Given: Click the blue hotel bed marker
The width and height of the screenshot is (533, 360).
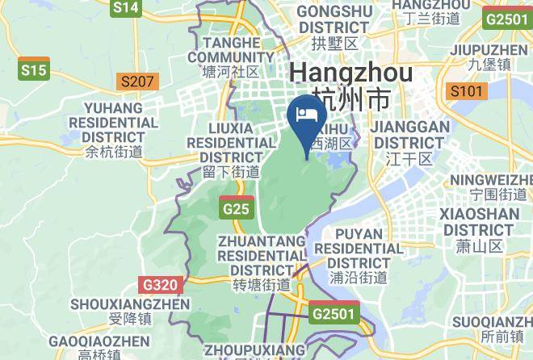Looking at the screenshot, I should [306, 115].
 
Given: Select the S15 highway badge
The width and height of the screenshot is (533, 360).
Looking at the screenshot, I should [34, 71].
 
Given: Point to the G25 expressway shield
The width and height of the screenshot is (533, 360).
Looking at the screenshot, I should [236, 208].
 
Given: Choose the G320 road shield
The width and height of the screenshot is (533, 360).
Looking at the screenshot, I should [159, 285].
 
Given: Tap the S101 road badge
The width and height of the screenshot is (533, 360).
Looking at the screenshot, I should [467, 90].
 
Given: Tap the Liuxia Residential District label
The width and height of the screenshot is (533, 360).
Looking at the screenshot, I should [231, 149].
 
